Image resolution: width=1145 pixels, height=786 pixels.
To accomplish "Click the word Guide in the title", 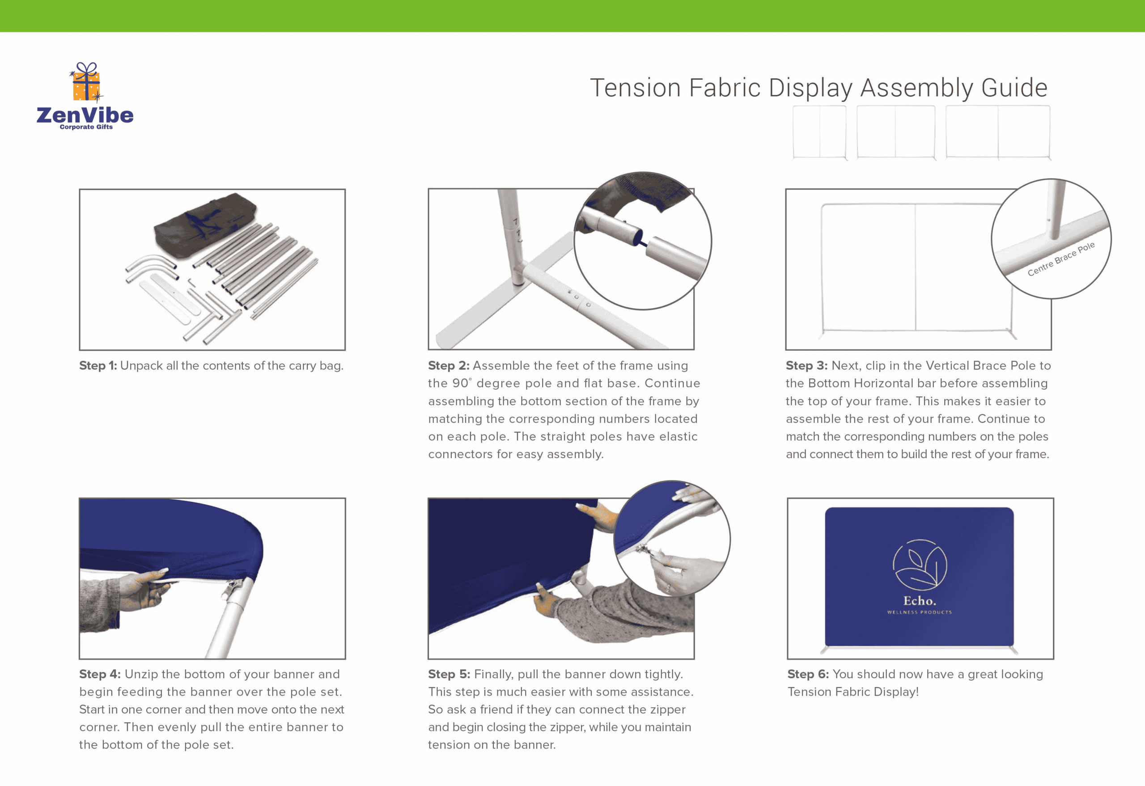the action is [1014, 88].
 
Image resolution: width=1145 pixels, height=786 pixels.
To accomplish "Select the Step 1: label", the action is [98, 365].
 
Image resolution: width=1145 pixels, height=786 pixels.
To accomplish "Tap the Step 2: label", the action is [448, 365].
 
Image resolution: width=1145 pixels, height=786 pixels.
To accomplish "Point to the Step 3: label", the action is [806, 365].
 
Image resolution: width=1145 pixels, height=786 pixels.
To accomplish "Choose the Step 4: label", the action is [100, 674].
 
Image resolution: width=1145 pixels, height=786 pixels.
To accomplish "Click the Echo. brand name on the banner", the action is [919, 601].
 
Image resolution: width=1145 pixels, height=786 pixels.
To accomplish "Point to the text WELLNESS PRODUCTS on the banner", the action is [919, 612].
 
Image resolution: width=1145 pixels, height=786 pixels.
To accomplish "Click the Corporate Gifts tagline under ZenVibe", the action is [86, 127].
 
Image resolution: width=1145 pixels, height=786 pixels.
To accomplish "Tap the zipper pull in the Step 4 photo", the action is [232, 588].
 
